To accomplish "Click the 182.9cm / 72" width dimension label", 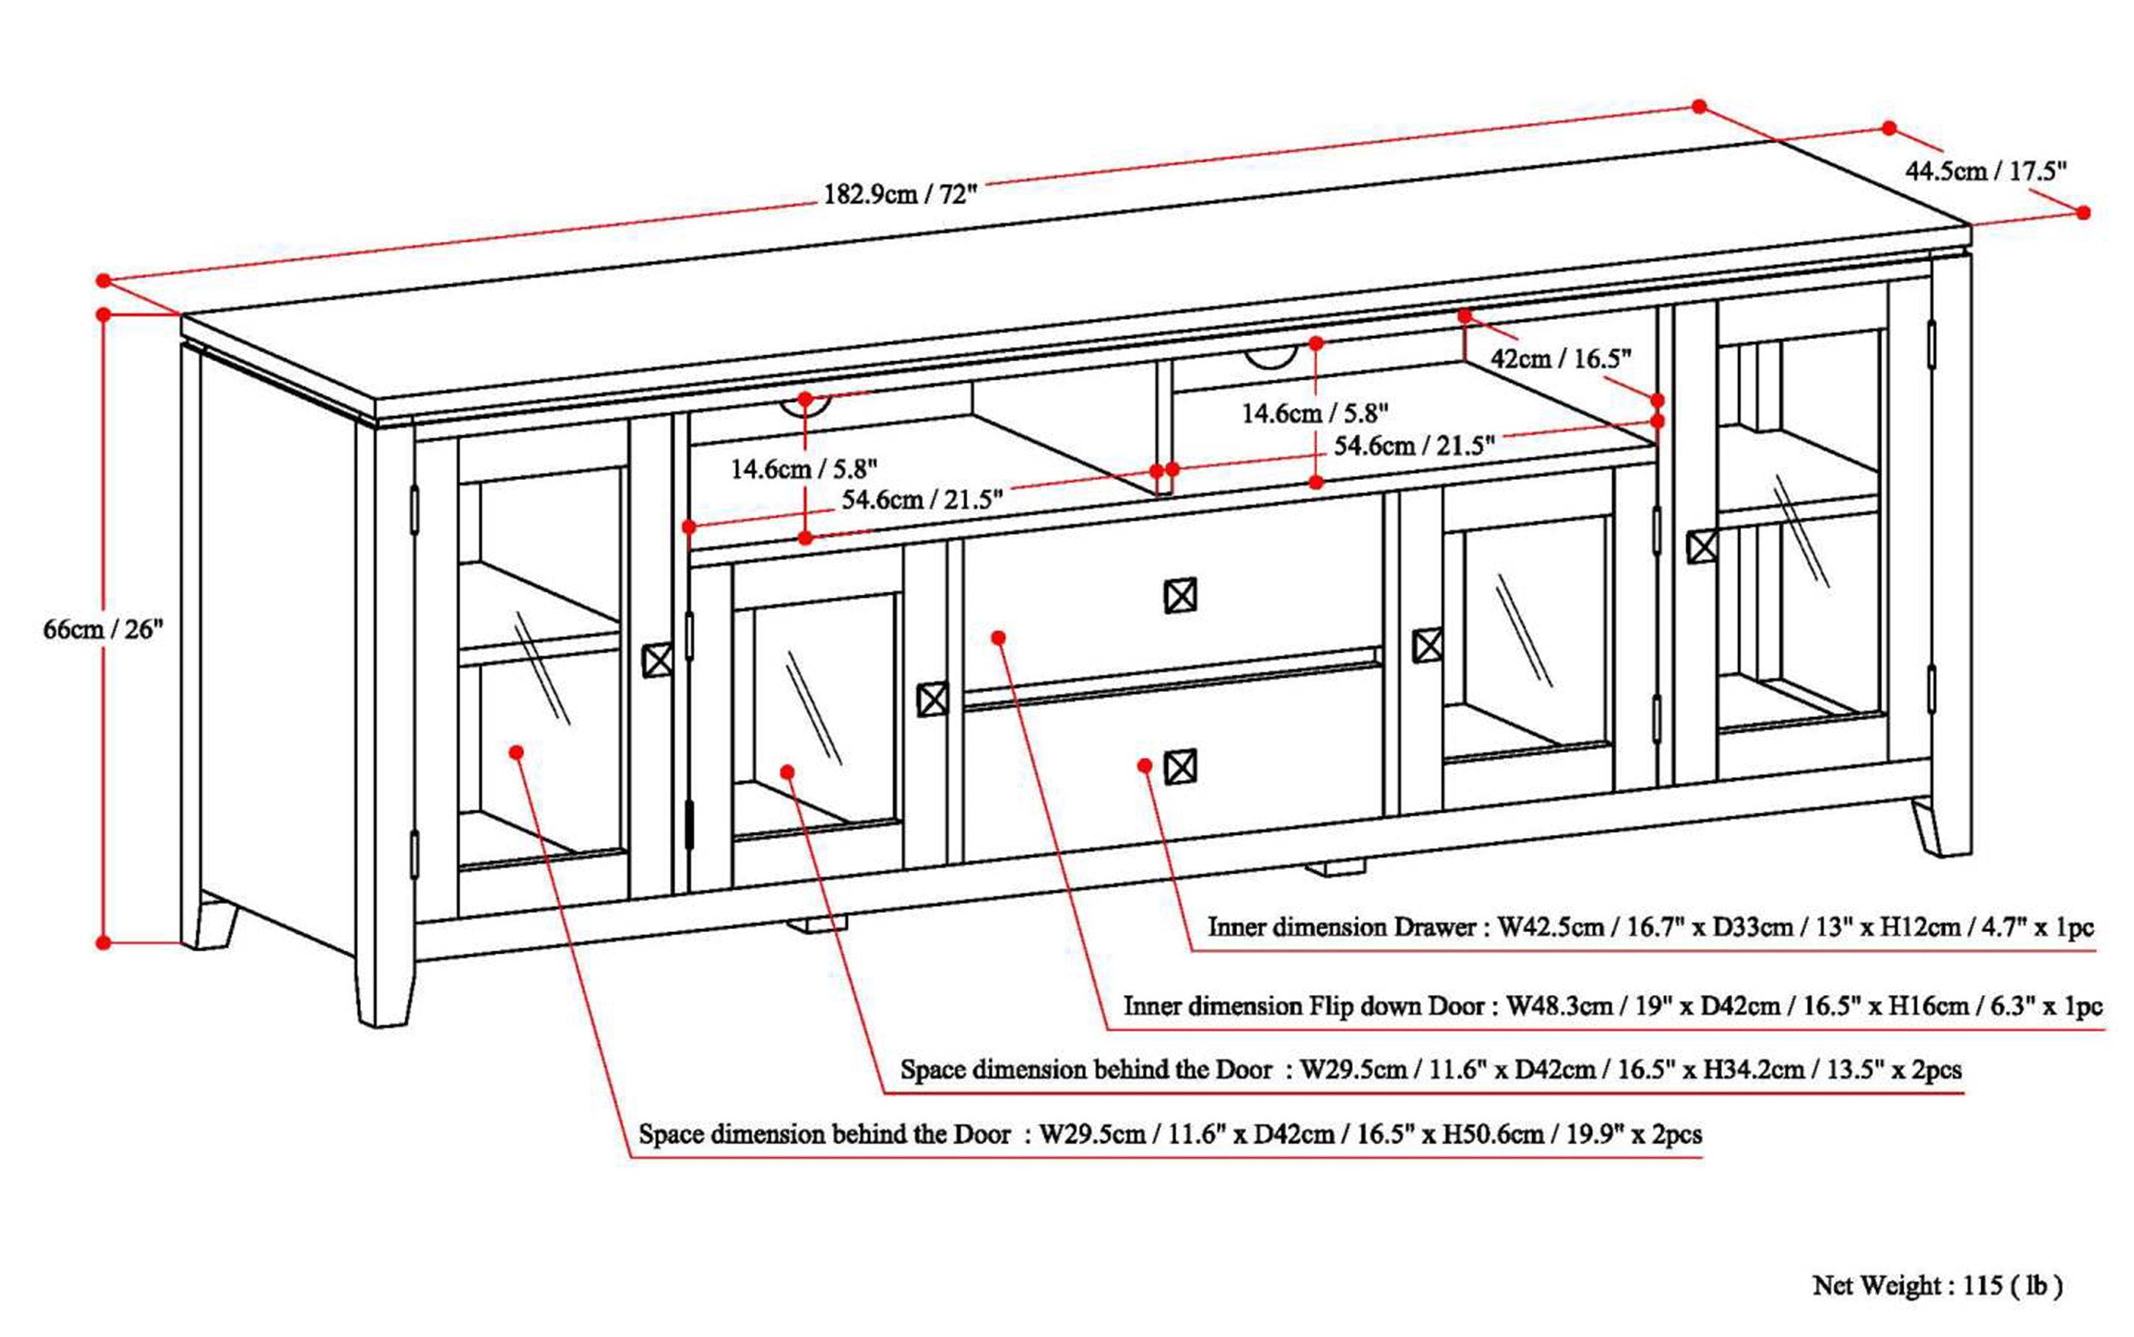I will tap(900, 194).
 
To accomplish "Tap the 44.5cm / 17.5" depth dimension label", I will tap(1986, 171).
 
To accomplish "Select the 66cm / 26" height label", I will tap(103, 629).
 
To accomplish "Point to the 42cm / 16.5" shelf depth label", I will tap(1560, 358).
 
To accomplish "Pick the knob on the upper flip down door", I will tap(1180, 596).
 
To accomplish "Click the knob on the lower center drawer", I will tap(1180, 767).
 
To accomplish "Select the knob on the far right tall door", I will tap(1702, 547).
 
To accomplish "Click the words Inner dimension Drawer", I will tap(1342, 927).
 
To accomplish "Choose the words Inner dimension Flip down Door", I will tap(1304, 1005).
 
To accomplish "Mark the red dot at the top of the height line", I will tap(103, 314).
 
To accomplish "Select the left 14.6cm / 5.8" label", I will tap(803, 468).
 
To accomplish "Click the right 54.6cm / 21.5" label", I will tap(1413, 445).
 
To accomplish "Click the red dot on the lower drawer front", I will tap(1145, 765).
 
